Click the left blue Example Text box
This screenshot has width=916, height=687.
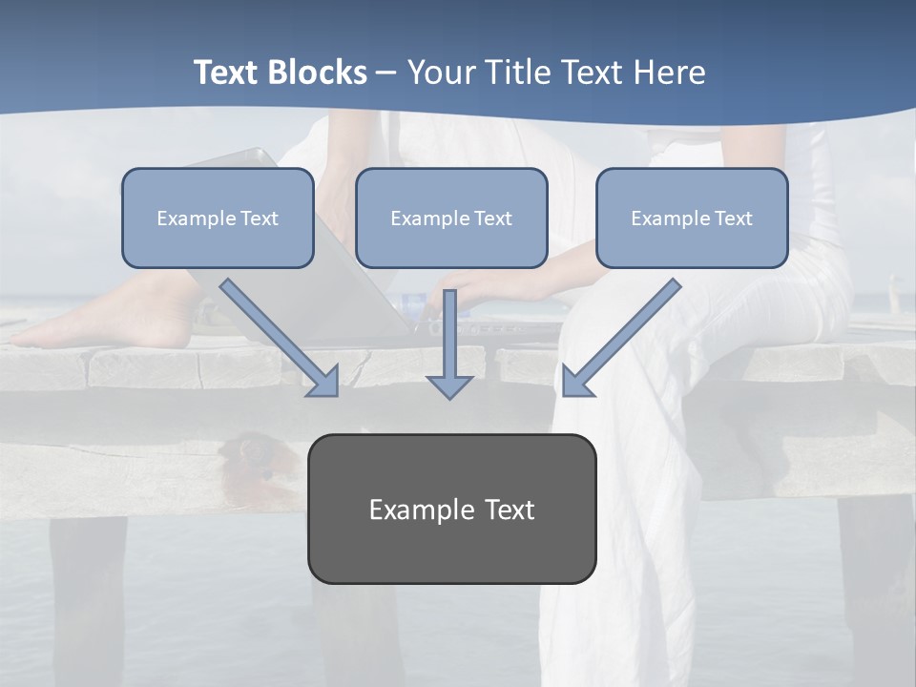pos(218,219)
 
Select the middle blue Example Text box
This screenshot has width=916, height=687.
pos(451,219)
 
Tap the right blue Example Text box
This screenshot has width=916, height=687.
pos(692,219)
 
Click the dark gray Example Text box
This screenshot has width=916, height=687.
pos(451,509)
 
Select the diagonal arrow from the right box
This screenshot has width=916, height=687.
pos(622,337)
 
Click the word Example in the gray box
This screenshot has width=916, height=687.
pos(421,510)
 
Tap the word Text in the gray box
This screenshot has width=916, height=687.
pos(510,510)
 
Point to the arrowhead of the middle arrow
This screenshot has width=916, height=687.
pos(449,385)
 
